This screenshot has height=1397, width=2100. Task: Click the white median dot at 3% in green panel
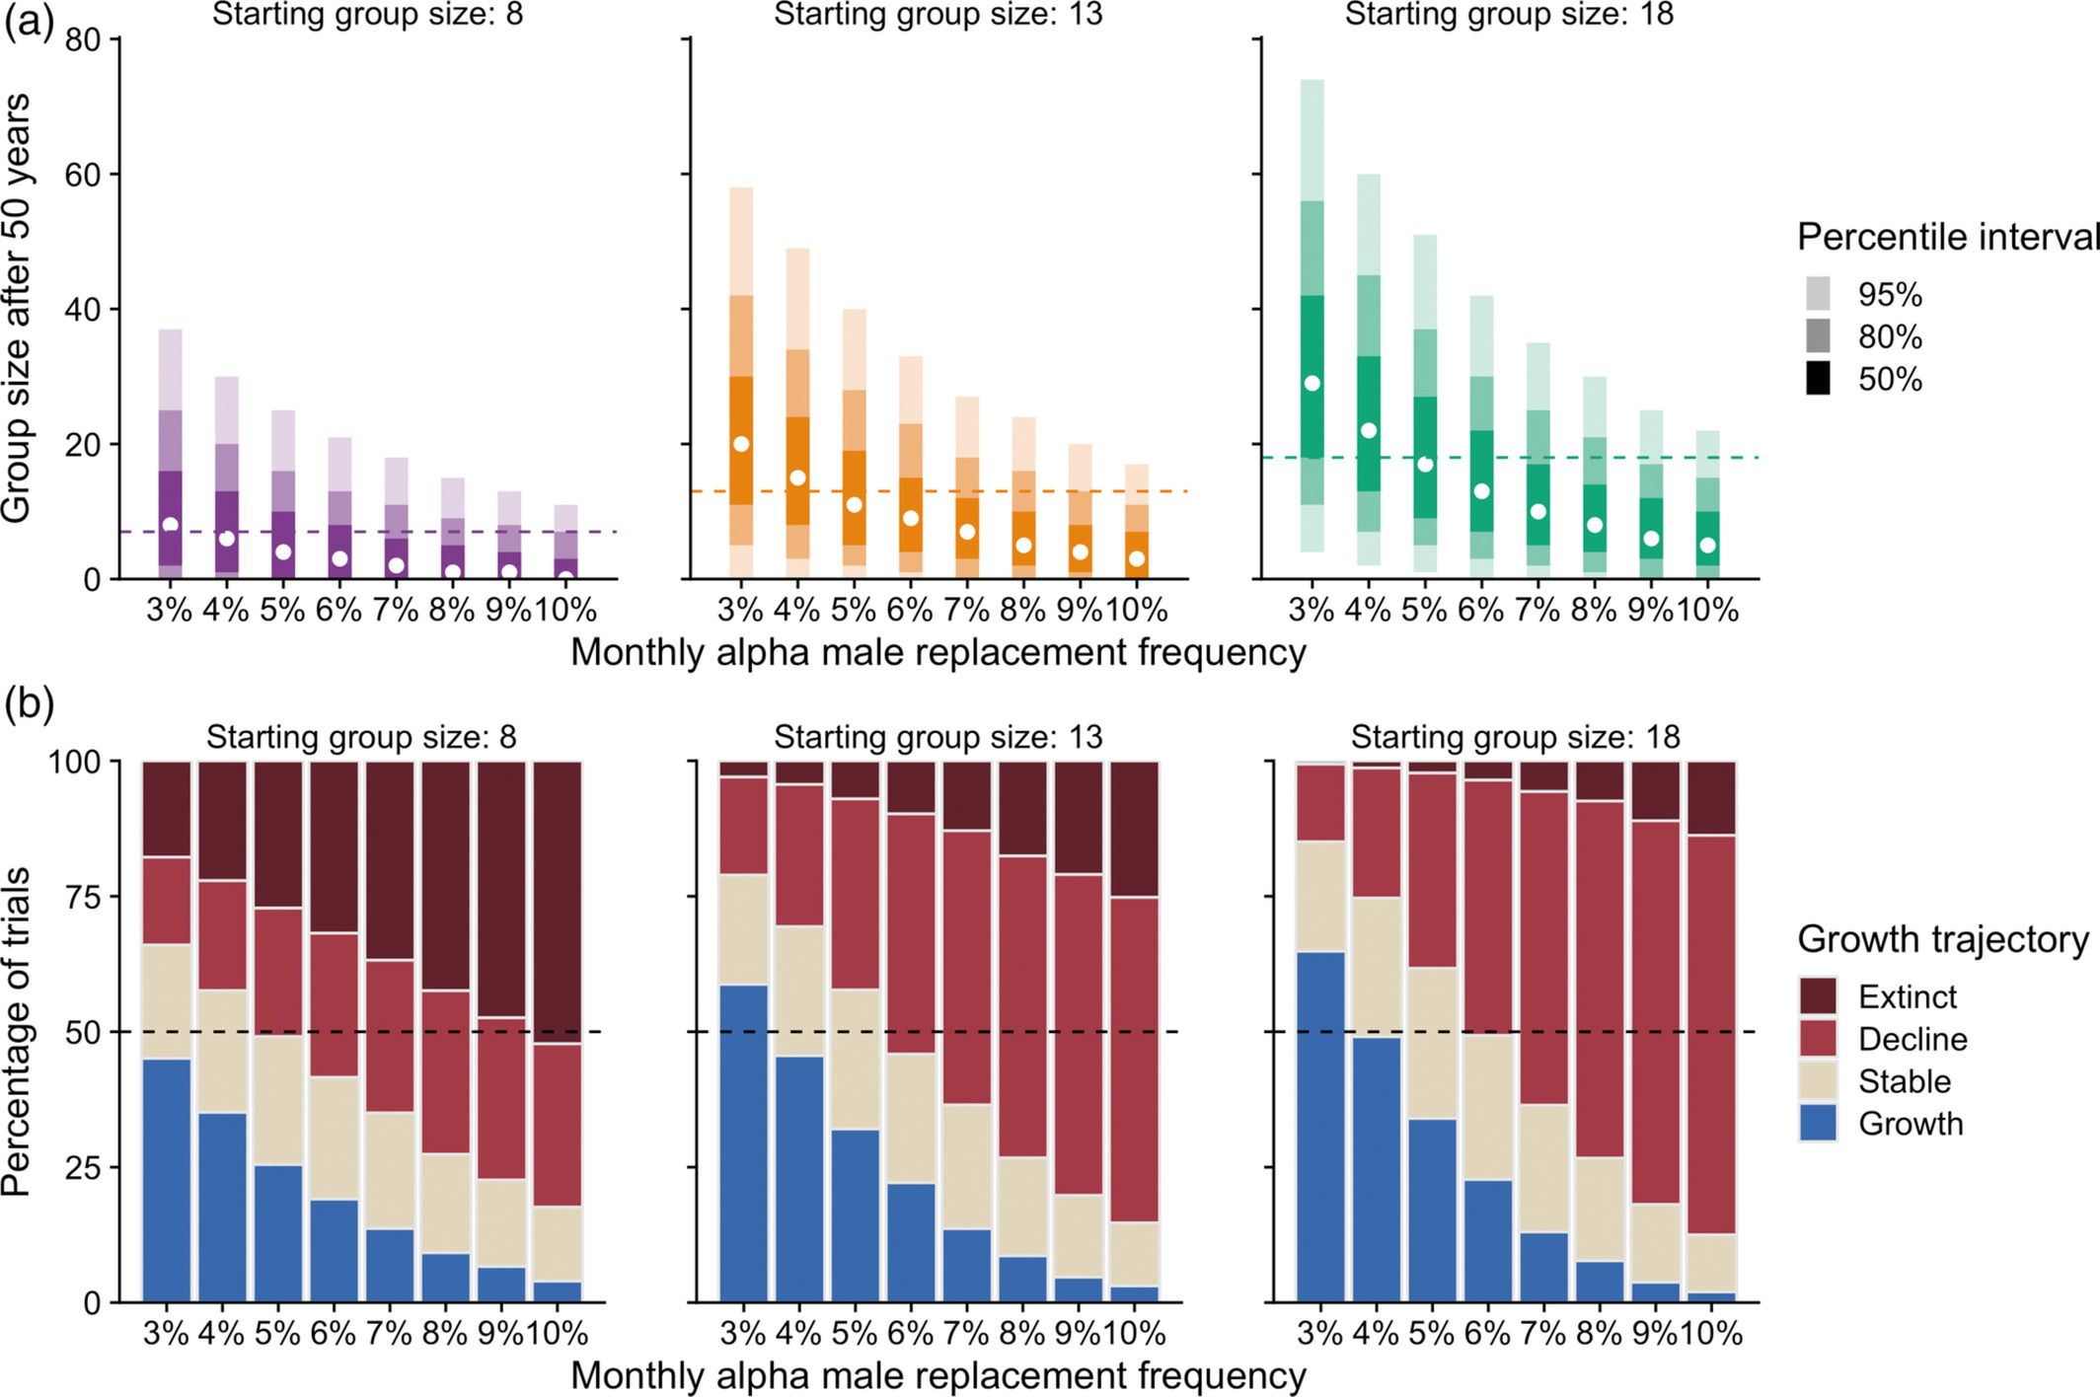point(1312,383)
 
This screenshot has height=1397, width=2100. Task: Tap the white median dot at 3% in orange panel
point(741,444)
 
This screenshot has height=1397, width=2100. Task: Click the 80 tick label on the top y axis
point(83,40)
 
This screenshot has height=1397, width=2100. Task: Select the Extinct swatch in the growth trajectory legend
point(1818,996)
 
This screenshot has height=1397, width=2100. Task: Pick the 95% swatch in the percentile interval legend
point(1818,294)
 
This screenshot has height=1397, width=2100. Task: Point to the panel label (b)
point(29,704)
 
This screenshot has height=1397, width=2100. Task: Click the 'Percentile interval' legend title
point(1947,238)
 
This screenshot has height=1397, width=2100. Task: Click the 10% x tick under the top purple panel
point(565,611)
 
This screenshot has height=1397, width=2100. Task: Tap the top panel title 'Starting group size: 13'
point(937,15)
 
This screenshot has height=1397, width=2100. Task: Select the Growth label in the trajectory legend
point(1911,1124)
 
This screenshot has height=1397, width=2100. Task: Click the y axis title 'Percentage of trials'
point(17,1031)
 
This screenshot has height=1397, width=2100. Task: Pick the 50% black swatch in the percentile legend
point(1818,379)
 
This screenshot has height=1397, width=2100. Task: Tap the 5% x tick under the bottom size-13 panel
point(854,1334)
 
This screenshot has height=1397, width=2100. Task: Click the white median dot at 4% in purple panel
point(226,539)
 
